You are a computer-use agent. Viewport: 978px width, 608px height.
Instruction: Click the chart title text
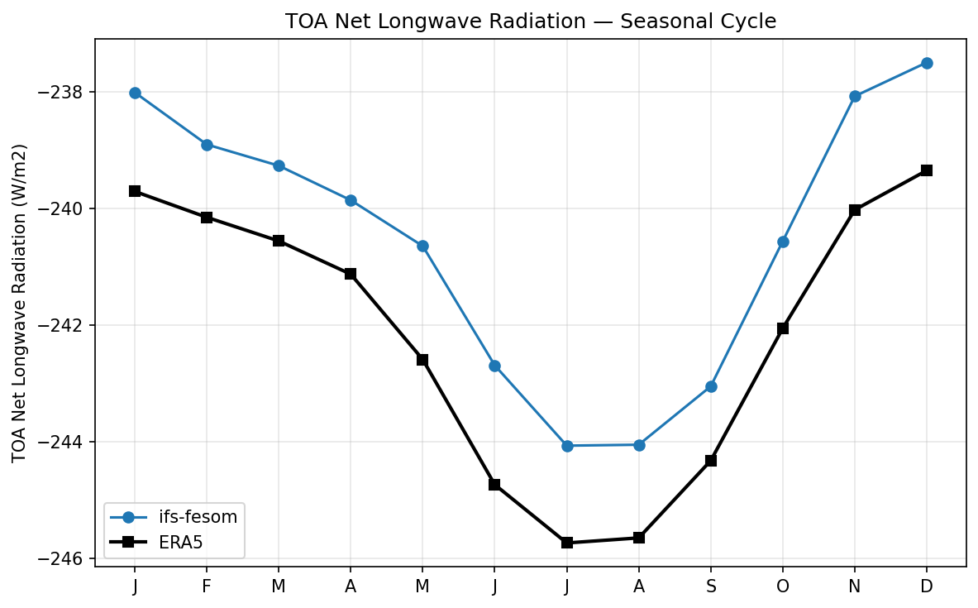530,22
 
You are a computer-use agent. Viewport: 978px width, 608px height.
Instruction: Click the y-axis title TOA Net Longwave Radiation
20,303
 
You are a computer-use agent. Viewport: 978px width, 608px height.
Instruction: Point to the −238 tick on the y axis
67,92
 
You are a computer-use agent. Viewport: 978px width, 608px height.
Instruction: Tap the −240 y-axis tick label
67,208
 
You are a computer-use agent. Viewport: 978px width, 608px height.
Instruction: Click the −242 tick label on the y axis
67,325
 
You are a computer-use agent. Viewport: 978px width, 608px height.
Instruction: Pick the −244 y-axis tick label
67,442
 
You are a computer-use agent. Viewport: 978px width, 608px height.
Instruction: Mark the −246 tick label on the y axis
67,558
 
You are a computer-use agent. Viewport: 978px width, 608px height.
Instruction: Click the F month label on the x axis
207,586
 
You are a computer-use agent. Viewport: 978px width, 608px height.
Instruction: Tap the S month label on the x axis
711,586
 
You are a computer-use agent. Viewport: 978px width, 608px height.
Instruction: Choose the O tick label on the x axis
783,586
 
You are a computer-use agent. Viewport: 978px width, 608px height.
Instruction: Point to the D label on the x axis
927,586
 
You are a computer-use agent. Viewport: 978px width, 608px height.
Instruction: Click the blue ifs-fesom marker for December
927,63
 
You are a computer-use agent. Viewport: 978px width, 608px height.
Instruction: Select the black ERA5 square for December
927,170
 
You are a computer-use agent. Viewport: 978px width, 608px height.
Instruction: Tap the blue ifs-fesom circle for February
207,145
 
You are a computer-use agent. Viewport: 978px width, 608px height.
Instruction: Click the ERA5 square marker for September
711,461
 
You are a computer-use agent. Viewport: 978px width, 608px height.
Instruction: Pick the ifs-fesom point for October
783,242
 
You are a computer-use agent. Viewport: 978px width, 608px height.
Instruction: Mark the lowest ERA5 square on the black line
567,543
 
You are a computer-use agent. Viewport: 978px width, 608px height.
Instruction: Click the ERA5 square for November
855,210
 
